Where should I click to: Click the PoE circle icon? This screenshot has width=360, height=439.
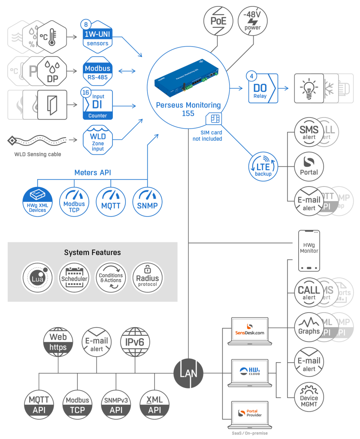[218, 21]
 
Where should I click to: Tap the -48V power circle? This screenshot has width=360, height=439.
[252, 21]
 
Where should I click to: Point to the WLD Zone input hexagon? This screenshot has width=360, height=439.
[97, 140]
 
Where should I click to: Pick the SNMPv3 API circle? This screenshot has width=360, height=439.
[116, 404]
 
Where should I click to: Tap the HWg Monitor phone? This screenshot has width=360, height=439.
[309, 250]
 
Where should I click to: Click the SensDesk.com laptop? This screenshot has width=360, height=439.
[250, 331]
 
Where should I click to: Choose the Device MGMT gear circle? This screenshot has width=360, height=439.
[309, 397]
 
